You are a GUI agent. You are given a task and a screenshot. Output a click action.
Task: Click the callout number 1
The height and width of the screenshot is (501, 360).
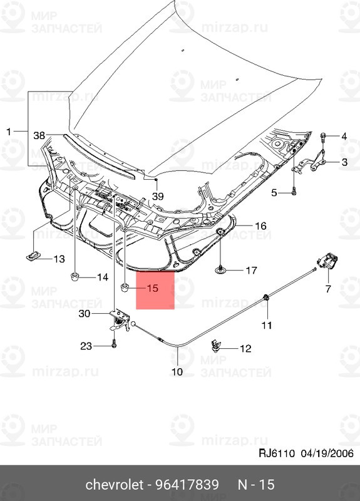point(9,132)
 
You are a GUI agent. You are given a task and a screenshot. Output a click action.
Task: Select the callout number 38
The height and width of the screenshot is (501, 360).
point(39,135)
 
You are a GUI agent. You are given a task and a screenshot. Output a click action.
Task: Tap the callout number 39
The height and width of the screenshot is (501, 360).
point(157,196)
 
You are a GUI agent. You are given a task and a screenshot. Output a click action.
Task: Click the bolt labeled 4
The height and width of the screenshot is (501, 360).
point(323,136)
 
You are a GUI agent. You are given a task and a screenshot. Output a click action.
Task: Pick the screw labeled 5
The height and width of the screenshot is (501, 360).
point(292,192)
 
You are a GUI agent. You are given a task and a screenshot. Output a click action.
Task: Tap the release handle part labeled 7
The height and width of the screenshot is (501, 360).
point(326,262)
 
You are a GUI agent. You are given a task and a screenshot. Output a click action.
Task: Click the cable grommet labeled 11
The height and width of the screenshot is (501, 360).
point(266,297)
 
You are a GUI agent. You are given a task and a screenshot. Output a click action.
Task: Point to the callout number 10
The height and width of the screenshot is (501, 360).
point(177,371)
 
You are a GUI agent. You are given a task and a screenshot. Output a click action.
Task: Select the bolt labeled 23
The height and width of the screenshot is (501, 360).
point(115,343)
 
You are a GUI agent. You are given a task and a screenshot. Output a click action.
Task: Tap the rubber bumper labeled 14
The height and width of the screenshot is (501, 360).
point(75,276)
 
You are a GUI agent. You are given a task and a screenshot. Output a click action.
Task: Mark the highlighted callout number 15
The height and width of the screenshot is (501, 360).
point(153,289)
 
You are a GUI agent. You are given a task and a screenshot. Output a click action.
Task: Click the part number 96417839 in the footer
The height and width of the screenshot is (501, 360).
point(187,485)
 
